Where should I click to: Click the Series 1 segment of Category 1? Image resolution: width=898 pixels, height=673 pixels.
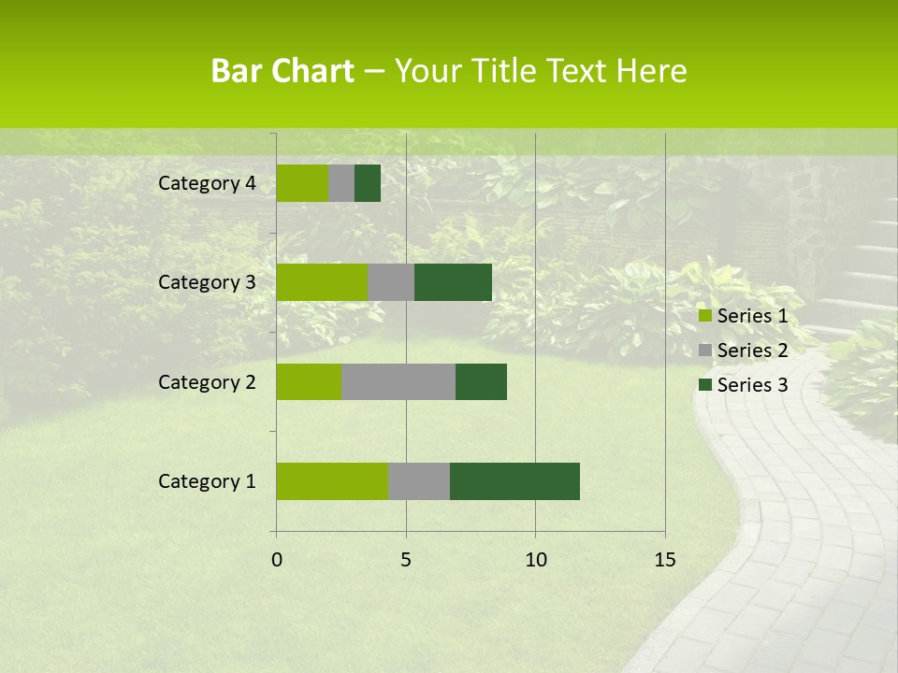coord(332,481)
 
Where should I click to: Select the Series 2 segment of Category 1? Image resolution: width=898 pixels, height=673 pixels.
coord(419,481)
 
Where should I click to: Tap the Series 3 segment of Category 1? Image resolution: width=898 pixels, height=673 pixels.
coord(514,481)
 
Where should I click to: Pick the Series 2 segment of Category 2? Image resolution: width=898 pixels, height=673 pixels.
coord(398,382)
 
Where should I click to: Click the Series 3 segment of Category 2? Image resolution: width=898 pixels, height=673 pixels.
coord(481,382)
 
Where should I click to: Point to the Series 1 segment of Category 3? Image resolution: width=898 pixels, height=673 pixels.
coord(322,282)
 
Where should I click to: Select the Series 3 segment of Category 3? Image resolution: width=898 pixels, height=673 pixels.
coord(453,282)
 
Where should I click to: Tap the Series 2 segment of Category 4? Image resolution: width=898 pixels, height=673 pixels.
coord(341,183)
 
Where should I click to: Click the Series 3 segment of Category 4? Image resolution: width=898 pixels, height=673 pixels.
coord(368,183)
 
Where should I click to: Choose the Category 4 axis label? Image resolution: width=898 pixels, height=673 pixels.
coord(207,183)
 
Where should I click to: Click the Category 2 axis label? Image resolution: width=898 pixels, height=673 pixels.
coord(207,382)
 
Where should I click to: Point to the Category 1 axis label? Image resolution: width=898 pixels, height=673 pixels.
coord(207,481)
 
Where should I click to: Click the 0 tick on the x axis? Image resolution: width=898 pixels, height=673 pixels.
coord(277,560)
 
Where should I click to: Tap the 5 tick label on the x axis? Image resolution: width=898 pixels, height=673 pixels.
coord(406,560)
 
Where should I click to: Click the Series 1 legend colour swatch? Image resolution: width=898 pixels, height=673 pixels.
coord(704,317)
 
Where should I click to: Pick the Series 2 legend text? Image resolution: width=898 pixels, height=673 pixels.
coord(752,351)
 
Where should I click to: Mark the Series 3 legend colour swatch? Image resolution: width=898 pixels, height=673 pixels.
coord(704,385)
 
